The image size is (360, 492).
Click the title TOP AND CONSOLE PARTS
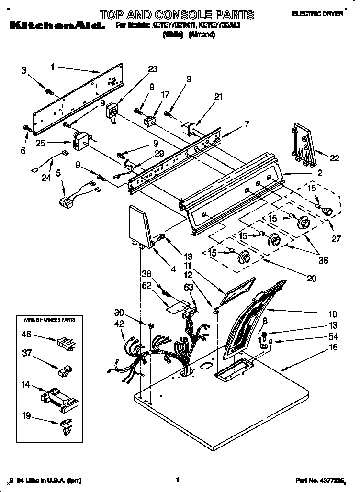pos(178,14)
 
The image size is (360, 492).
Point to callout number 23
pos(152,69)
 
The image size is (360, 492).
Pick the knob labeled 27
pos(327,211)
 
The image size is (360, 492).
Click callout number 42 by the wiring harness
pos(119,324)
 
